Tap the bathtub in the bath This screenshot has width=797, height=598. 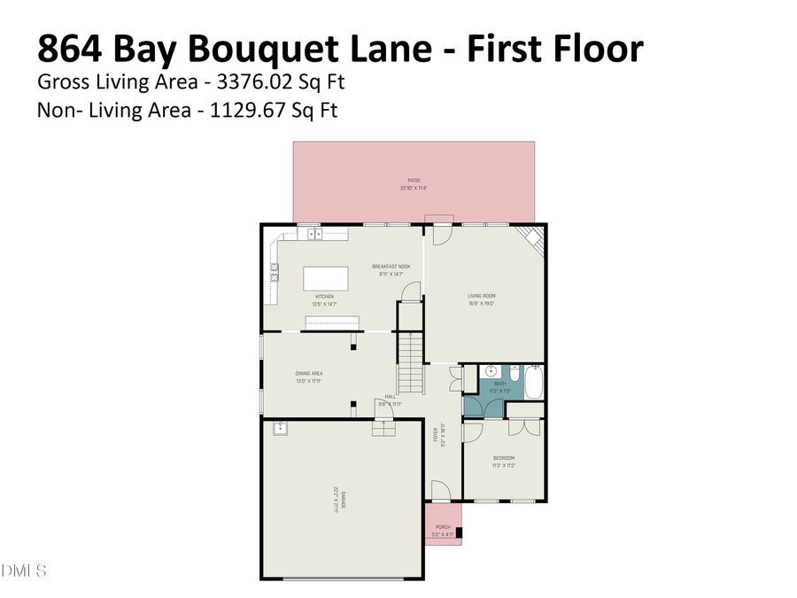533,381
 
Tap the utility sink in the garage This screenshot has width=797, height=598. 280,429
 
